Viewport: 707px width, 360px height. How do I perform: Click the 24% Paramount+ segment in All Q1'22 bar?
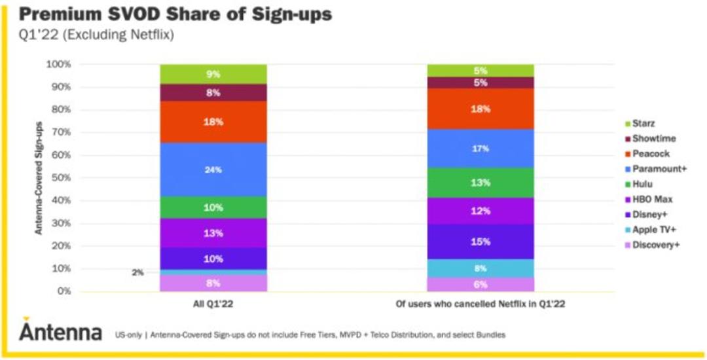[213, 170]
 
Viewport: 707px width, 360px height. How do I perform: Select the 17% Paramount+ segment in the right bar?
[480, 149]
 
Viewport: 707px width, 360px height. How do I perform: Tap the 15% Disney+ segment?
[480, 242]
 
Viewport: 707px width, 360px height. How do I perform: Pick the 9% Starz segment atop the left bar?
[213, 74]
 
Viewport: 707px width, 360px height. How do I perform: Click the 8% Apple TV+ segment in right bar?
[480, 268]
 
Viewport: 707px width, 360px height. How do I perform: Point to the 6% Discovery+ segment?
[480, 284]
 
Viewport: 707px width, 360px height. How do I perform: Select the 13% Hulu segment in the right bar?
[480, 183]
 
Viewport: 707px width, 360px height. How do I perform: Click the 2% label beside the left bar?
[137, 272]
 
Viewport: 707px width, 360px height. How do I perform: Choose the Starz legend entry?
[640, 124]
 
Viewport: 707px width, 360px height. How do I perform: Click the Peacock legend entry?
[647, 154]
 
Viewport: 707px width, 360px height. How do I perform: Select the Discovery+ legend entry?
[652, 245]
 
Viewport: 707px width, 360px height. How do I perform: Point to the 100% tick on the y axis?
[59, 64]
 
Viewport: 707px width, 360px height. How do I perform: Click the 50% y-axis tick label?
[61, 178]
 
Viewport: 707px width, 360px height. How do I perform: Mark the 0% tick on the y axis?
[63, 291]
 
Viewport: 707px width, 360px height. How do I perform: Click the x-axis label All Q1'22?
[213, 304]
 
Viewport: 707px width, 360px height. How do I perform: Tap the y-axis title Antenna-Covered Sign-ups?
[39, 178]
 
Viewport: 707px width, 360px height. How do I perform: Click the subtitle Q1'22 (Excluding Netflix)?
[96, 35]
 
